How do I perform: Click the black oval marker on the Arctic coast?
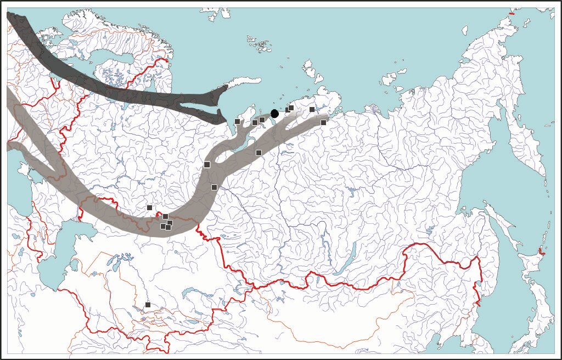pos(274,114)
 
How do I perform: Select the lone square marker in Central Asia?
pos(148,305)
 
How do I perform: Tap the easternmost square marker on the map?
pos(323,122)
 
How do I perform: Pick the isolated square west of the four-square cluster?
pos(149,207)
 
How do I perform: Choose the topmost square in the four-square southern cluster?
pos(165,216)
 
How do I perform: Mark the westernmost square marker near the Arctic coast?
pos(237,121)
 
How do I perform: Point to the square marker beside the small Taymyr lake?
pos(312,109)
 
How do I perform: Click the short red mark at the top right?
pos(512,13)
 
